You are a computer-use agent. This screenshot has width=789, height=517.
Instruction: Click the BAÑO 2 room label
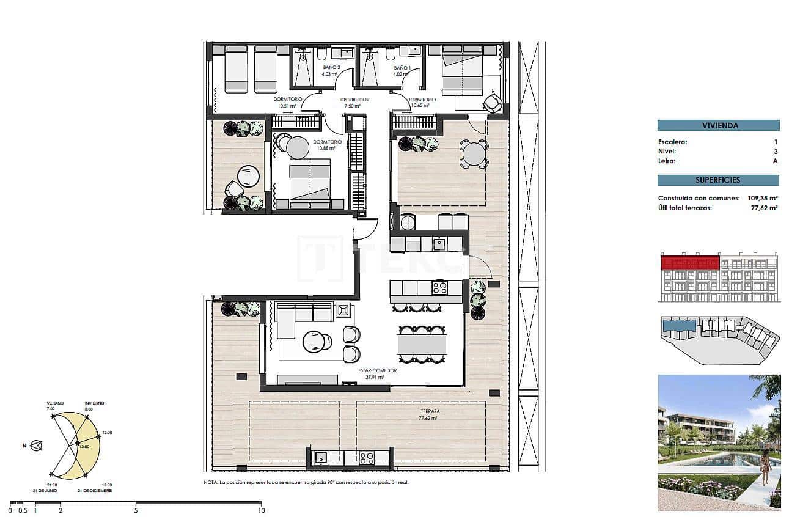click(330, 68)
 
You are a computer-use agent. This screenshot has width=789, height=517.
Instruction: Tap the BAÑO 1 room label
click(402, 68)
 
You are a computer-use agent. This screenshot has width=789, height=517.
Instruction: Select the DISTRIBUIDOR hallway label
click(354, 100)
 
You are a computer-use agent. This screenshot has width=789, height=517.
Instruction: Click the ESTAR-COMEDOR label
click(378, 370)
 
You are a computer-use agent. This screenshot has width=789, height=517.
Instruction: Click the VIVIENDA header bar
click(718, 125)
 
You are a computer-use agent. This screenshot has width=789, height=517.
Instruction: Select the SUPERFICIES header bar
click(718, 180)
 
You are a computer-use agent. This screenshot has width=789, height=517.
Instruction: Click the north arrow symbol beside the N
click(37, 446)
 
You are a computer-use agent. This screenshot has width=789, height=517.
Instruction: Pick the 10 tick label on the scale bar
click(261, 510)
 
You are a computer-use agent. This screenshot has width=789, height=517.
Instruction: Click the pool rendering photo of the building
click(719, 442)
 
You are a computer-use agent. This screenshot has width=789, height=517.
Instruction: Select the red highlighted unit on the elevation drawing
click(690, 263)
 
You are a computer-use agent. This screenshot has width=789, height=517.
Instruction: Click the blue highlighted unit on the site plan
click(679, 326)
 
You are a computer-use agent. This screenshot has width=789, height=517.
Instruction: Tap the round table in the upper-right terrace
click(474, 154)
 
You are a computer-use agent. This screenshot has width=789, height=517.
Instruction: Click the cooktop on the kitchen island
click(439, 286)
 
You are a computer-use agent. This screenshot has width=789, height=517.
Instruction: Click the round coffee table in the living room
click(316, 341)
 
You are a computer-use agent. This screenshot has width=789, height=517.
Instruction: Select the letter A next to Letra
click(775, 161)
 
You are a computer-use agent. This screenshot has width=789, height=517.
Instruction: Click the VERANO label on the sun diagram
click(55, 403)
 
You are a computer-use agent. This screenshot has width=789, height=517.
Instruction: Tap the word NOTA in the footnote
click(210, 483)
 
